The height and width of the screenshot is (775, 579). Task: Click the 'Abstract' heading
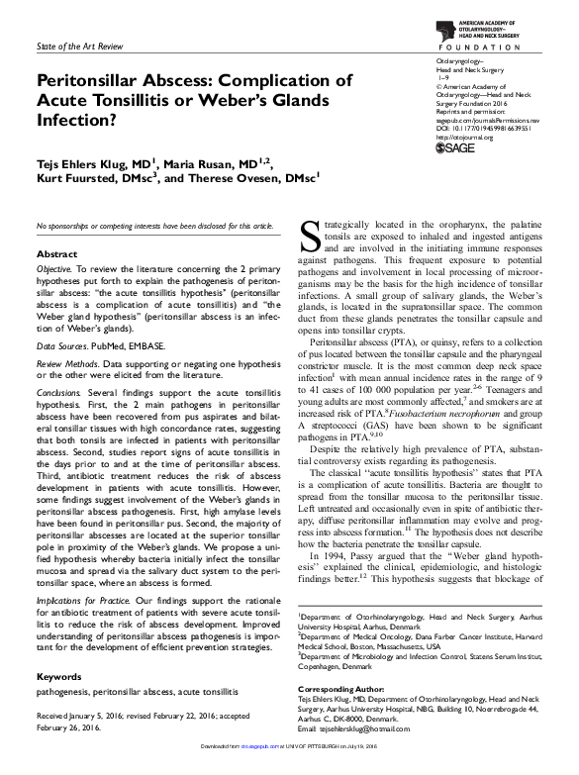point(56,254)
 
